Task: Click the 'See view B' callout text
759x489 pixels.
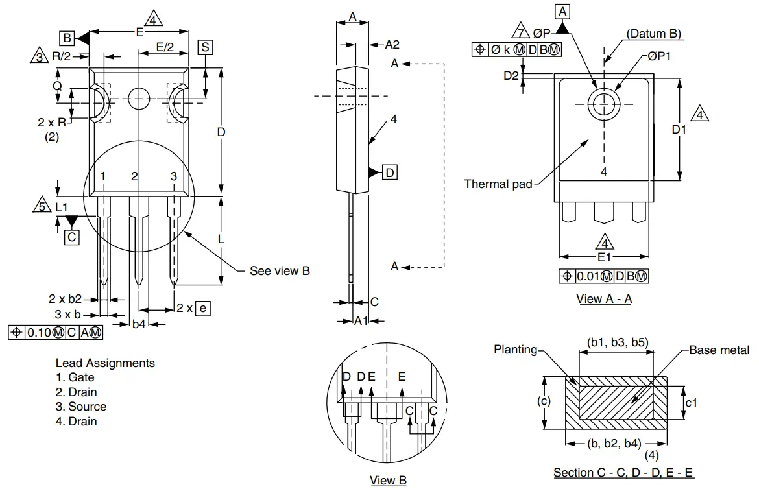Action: (x=280, y=270)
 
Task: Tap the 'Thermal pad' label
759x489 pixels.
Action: (x=498, y=184)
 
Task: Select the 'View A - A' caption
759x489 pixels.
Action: (x=604, y=299)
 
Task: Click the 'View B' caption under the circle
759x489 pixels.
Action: (x=388, y=481)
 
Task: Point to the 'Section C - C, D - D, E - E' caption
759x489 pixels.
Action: (x=623, y=472)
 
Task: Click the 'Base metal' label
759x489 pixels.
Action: (x=719, y=350)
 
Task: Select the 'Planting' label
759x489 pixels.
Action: (x=516, y=350)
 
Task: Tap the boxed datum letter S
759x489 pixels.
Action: (x=205, y=47)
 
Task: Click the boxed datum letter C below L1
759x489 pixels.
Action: (x=71, y=237)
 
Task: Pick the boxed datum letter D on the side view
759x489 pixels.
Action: (x=390, y=173)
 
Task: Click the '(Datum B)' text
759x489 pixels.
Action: (x=654, y=34)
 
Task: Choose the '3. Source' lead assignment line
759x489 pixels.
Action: (x=81, y=407)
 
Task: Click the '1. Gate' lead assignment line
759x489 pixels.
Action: (x=75, y=377)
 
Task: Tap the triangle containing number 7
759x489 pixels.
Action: (x=519, y=32)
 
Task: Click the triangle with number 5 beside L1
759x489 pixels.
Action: (x=40, y=206)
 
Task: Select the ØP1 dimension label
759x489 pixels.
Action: (x=658, y=56)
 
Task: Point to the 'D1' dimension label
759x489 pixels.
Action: (x=679, y=130)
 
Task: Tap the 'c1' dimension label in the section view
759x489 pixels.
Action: (x=692, y=403)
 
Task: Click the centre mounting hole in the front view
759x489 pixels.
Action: (x=139, y=99)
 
